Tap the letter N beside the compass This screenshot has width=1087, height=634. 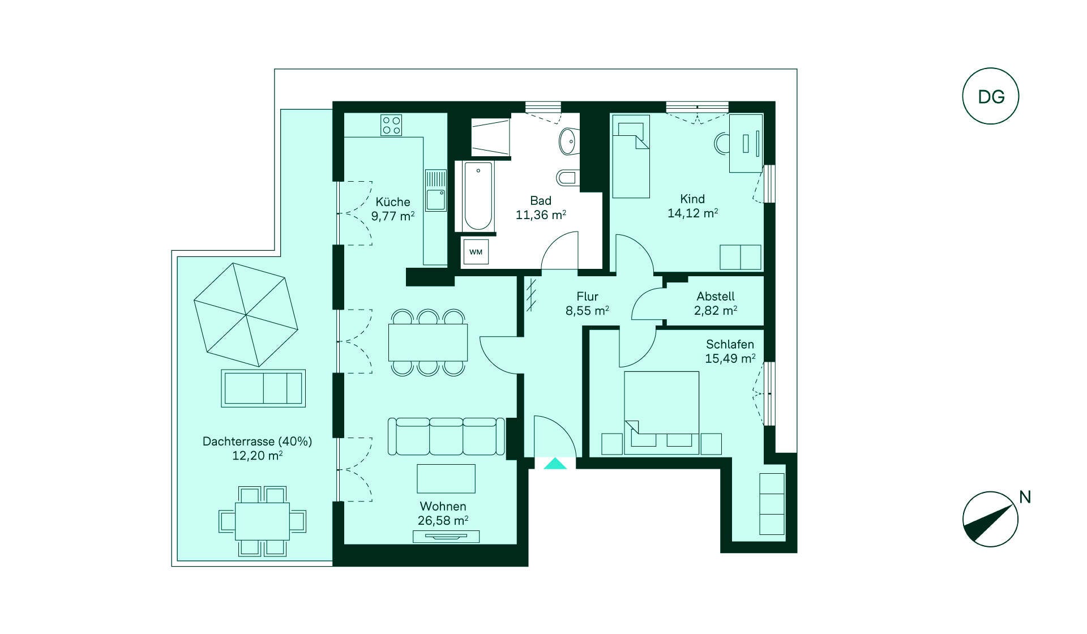click(1025, 497)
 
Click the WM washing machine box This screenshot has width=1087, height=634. click(476, 252)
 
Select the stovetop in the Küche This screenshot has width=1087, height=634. click(391, 125)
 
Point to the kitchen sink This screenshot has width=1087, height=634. click(436, 191)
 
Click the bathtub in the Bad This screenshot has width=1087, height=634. click(478, 196)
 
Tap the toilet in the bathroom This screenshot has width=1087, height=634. click(568, 178)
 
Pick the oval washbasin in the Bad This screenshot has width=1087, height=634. click(568, 141)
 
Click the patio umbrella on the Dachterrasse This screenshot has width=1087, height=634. click(246, 315)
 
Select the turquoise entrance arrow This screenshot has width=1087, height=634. click(555, 464)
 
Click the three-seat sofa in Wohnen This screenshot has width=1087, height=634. click(446, 436)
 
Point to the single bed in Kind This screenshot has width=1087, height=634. click(631, 157)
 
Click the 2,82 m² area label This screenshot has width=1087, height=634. click(716, 311)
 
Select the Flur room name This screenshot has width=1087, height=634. click(588, 296)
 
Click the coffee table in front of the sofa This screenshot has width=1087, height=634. click(446, 478)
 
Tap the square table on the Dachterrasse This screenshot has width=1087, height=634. click(262, 521)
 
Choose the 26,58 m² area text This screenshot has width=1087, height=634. click(443, 521)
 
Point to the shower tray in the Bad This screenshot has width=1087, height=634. click(490, 137)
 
